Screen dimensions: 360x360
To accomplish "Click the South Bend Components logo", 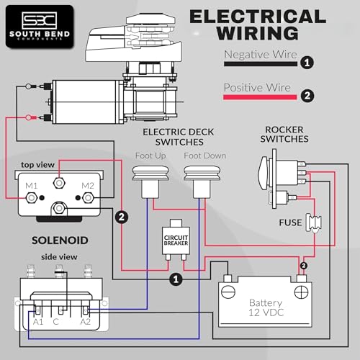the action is pos(40,27).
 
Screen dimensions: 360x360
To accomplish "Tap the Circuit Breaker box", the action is pos(176,240).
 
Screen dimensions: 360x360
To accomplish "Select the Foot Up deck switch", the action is pos(150,181).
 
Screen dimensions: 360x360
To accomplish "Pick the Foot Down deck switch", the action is pos(202,181).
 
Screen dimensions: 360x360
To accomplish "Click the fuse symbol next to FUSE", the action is pos(314,223).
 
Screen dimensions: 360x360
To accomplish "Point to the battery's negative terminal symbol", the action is pos(228,292).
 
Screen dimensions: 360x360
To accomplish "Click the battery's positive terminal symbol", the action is pos(302,292).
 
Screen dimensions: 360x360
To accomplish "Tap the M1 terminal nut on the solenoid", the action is pos(31,198).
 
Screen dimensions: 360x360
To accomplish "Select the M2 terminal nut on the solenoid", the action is pos(88,198).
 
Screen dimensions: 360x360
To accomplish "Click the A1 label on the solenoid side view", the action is pos(38,322).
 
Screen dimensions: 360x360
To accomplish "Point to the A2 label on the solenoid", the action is pos(86,322).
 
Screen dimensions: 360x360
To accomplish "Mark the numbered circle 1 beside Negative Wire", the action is pos(307,63).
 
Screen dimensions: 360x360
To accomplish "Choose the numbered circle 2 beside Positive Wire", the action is pos(307,96).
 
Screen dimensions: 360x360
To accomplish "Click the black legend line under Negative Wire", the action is pos(261,64).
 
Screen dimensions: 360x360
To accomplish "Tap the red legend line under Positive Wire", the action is pos(260,97).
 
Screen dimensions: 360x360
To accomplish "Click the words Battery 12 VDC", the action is pos(266,307).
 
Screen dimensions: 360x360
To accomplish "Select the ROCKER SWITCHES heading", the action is pos(284,135).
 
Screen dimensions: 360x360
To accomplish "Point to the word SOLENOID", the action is pos(60,240).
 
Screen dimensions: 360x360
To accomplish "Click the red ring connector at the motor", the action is pos(30,117).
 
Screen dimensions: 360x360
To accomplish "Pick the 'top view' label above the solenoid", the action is pos(37,165).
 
